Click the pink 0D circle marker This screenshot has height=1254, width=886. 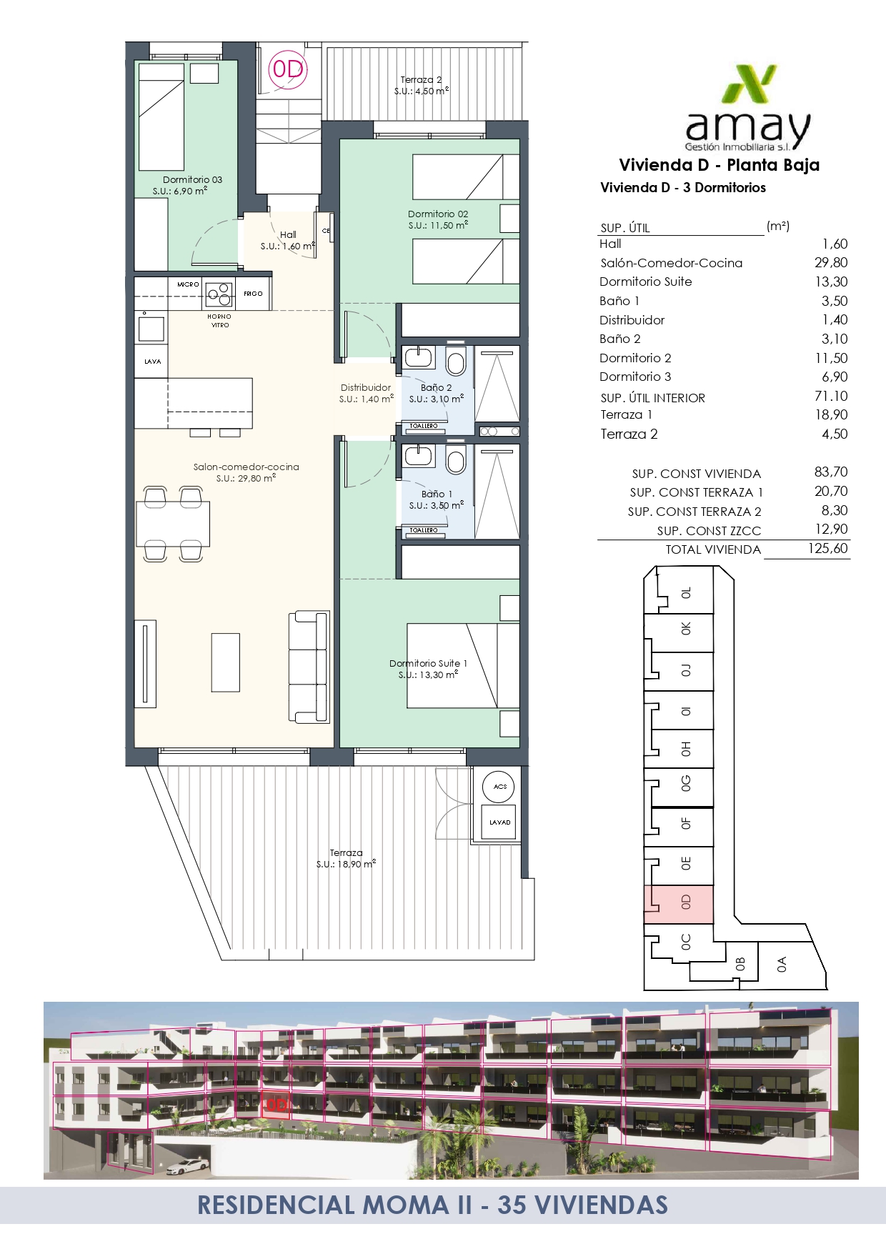click(287, 69)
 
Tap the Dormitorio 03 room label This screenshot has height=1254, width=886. click(192, 179)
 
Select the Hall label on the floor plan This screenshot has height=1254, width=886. click(288, 234)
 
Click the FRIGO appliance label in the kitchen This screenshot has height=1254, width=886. click(253, 294)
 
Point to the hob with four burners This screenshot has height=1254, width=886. click(219, 294)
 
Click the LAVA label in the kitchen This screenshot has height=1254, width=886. click(152, 362)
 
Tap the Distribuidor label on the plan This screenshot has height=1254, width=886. click(366, 387)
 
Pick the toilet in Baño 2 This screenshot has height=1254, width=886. click(455, 359)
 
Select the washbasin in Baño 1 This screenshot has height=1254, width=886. click(417, 455)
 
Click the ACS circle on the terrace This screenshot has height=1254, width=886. click(499, 787)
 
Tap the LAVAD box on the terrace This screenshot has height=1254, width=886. click(499, 822)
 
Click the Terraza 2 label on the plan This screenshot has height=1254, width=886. click(421, 80)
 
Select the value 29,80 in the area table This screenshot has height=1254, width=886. click(831, 262)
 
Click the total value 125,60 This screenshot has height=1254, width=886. click(828, 548)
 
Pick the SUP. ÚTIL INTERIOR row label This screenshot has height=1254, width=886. click(652, 398)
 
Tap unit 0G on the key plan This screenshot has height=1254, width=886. click(686, 784)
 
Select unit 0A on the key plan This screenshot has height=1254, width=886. click(782, 965)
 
